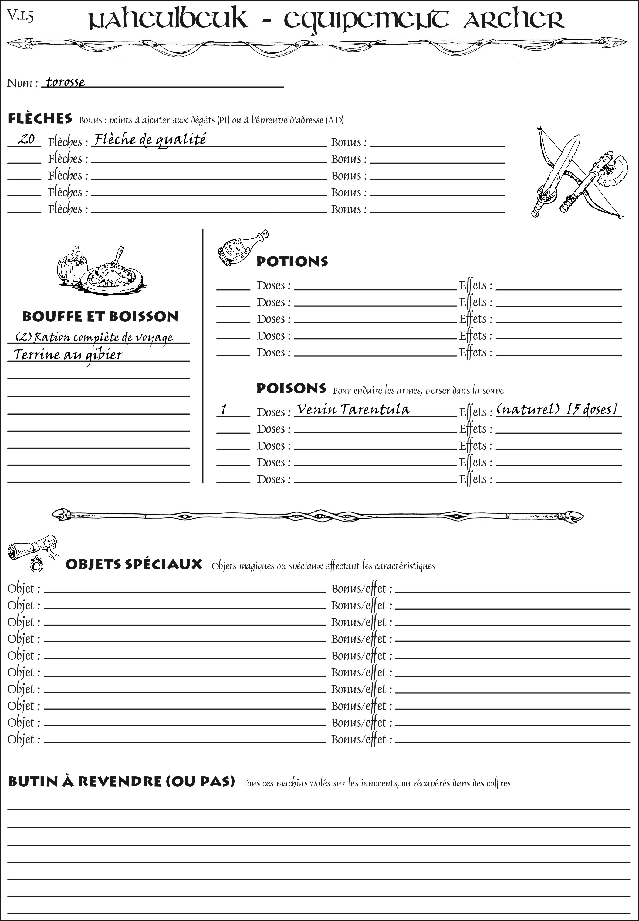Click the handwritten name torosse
[x=65, y=82]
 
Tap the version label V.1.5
[x=20, y=16]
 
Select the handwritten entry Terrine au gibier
[x=67, y=355]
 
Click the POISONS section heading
[x=291, y=388]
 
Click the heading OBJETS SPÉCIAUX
[x=133, y=564]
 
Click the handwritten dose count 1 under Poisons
[x=224, y=410]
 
